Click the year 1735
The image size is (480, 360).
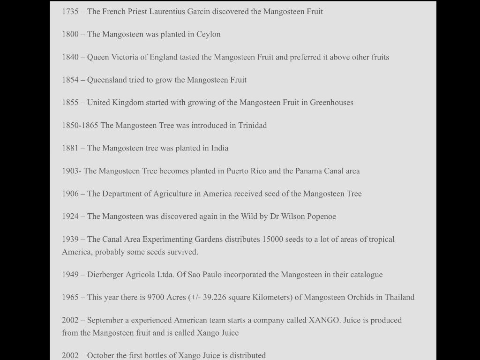coord(70,11)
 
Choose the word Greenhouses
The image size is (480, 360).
coord(331,102)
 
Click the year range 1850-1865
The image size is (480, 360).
coord(80,125)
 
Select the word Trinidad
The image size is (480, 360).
coord(252,125)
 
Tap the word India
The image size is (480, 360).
coord(219,148)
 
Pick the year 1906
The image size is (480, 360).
coord(70,194)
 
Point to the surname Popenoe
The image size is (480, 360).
coord(322,216)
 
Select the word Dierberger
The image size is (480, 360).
coord(105,275)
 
